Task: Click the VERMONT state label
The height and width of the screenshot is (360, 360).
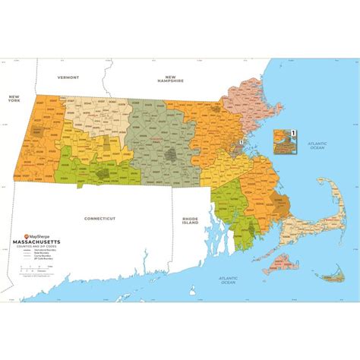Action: [x=68, y=77]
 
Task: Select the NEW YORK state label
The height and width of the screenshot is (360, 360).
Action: [x=13, y=99]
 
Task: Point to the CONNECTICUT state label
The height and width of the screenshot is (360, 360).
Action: [x=99, y=218]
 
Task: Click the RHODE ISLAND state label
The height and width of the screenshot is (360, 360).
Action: [x=189, y=221]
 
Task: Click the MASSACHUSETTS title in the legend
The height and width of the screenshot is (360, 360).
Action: [x=39, y=243]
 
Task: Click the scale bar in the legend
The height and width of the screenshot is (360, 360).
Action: [x=36, y=267]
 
